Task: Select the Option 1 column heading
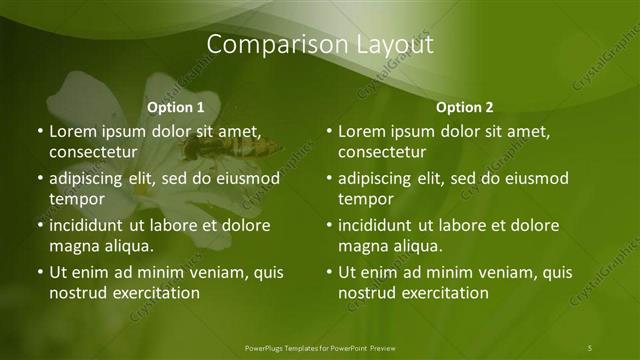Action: click(176, 107)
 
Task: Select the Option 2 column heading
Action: click(465, 107)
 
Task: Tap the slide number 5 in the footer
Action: click(590, 347)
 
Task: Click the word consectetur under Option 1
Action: click(91, 152)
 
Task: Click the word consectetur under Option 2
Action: click(381, 152)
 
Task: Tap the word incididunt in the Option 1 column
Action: click(89, 226)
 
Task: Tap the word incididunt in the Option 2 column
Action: click(379, 226)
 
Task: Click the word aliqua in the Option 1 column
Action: click(128, 246)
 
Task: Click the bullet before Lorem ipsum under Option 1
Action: click(40, 132)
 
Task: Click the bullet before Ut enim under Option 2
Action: click(330, 273)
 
